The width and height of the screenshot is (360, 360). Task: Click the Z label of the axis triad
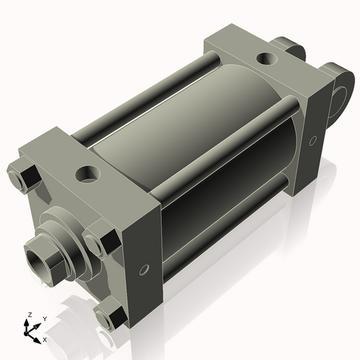pyautogui.click(x=30, y=315)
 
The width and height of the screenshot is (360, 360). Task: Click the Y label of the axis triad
pyautogui.click(x=45, y=319)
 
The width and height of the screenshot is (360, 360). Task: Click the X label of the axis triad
pyautogui.click(x=45, y=340)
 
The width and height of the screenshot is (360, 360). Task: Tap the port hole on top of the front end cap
pyautogui.click(x=87, y=174)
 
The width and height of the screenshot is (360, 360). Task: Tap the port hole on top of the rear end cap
pyautogui.click(x=267, y=58)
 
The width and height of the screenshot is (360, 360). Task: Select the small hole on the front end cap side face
pyautogui.click(x=144, y=270)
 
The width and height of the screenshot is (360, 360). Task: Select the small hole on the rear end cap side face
pyautogui.click(x=312, y=140)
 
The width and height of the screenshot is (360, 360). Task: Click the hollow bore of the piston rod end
pyautogui.click(x=37, y=264)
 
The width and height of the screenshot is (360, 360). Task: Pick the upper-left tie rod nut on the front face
pyautogui.click(x=24, y=177)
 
